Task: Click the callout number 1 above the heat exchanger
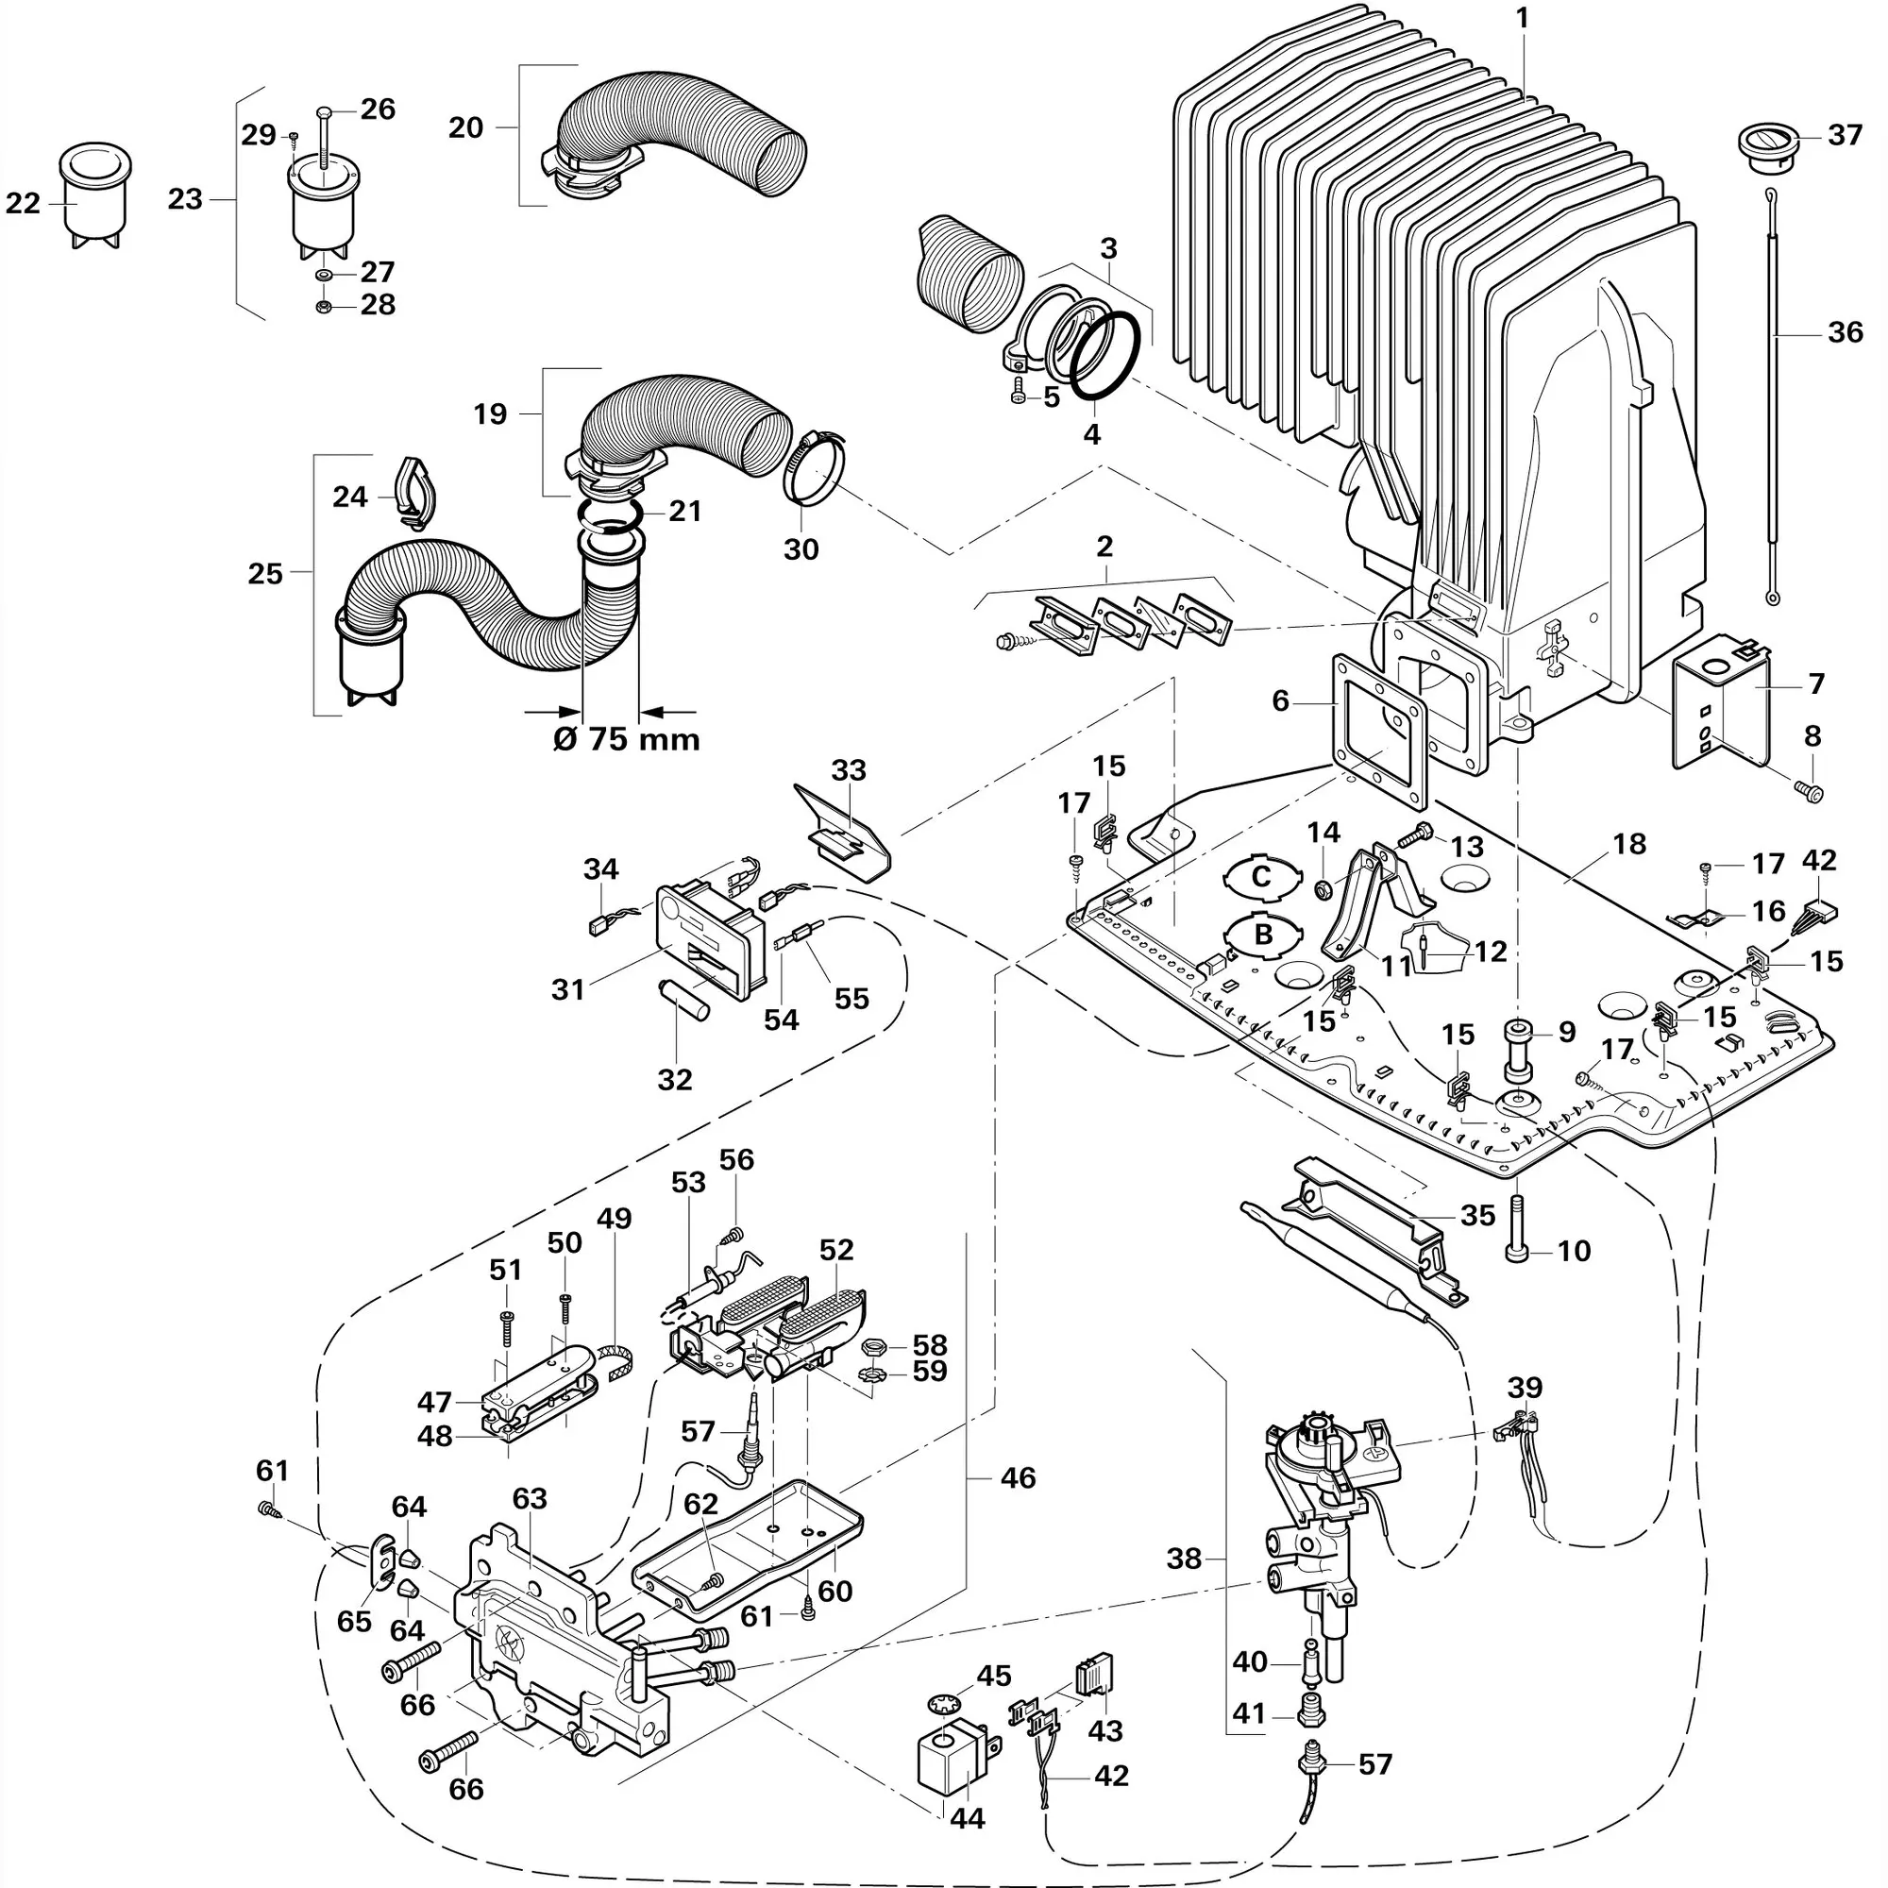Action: [x=1522, y=19]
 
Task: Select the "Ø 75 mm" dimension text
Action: [x=627, y=739]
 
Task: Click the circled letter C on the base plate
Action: [x=1261, y=876]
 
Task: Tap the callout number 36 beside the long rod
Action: [x=1845, y=332]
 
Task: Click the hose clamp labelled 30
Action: [x=813, y=469]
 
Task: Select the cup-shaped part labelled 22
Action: [x=95, y=194]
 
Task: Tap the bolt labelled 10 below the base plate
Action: [x=1518, y=1232]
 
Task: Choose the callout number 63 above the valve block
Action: [x=530, y=1499]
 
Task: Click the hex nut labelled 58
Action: [x=872, y=1347]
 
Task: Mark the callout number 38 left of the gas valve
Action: [x=1184, y=1558]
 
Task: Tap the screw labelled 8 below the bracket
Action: [x=1810, y=793]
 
